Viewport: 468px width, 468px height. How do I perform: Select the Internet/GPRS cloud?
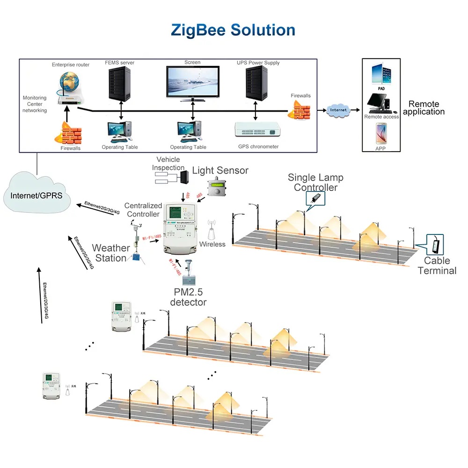36,194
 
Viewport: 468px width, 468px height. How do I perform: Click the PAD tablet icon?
381,73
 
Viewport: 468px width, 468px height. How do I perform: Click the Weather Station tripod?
137,249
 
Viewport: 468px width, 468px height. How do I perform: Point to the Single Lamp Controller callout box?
316,198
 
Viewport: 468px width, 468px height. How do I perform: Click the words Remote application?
424,108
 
